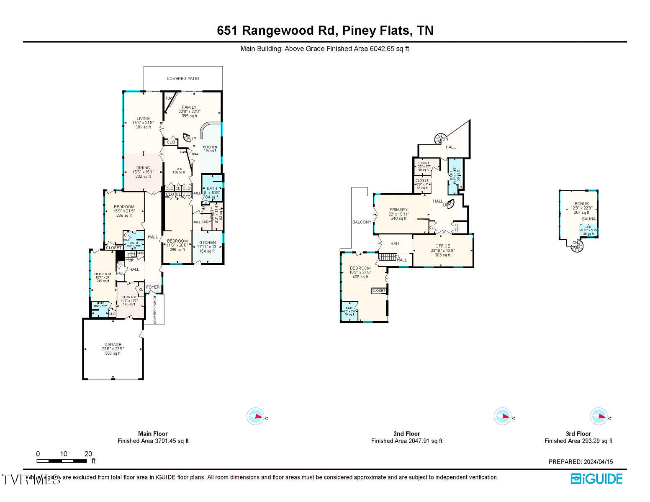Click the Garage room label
[113, 345]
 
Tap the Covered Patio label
[183, 79]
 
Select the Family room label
[189, 108]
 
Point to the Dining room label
[143, 168]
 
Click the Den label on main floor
[179, 169]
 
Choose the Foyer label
[153, 287]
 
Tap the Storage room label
[129, 297]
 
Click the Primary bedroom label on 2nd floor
[398, 210]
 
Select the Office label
[443, 246]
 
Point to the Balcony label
[362, 222]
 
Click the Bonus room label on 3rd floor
[581, 204]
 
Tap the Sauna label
[588, 219]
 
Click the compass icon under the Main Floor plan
[255, 417]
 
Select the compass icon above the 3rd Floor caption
[599, 417]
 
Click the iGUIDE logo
[597, 479]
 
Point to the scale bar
[62, 461]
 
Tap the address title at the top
[325, 31]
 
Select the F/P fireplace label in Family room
[169, 98]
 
